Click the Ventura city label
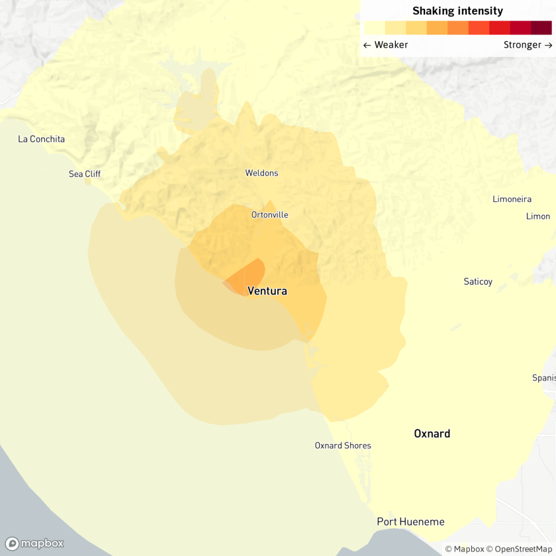pos(267,291)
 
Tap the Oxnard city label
pos(432,434)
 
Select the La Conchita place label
pos(41,139)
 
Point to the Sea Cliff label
pos(85,174)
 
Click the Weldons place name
pos(261,173)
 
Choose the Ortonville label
pos(269,215)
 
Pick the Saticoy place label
pos(478,282)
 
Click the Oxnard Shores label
pos(343,445)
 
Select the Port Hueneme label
pos(410,522)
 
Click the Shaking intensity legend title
pos(457,11)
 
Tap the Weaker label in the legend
pos(385,45)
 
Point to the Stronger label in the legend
pos(528,45)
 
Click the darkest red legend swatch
pos(541,28)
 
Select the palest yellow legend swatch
pos(374,28)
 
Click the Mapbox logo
pos(35,543)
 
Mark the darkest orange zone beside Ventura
pos(247,277)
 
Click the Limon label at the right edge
pos(537,216)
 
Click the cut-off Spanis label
pos(543,378)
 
